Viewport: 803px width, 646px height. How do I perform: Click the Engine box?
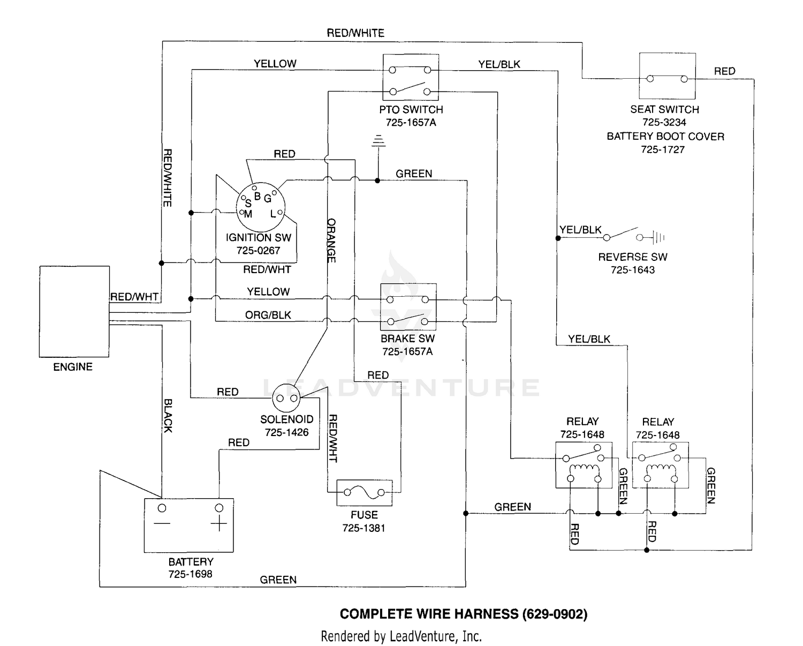click(74, 312)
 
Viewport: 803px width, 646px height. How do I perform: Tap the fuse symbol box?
click(364, 493)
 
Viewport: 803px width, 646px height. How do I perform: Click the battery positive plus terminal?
click(218, 524)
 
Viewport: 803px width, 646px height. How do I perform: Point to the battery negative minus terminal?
click(162, 523)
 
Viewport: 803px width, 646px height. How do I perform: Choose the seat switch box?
click(667, 76)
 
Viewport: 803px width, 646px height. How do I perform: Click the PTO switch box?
click(411, 77)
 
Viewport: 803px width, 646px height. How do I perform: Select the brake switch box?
click(408, 307)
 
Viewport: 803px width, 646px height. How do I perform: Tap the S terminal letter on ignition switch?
click(248, 204)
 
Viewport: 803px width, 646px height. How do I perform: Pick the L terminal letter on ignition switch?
click(273, 214)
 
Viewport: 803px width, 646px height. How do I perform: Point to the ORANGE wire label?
click(331, 240)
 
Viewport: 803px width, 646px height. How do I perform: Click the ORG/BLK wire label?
click(268, 315)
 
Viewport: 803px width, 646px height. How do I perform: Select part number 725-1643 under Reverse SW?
click(632, 270)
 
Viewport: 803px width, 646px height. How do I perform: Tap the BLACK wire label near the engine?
click(168, 415)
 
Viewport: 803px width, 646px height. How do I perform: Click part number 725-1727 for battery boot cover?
click(662, 149)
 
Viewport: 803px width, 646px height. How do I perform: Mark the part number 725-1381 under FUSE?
click(364, 528)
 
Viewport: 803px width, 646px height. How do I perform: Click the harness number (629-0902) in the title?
click(555, 614)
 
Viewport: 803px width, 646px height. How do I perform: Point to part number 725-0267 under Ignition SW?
click(258, 250)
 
